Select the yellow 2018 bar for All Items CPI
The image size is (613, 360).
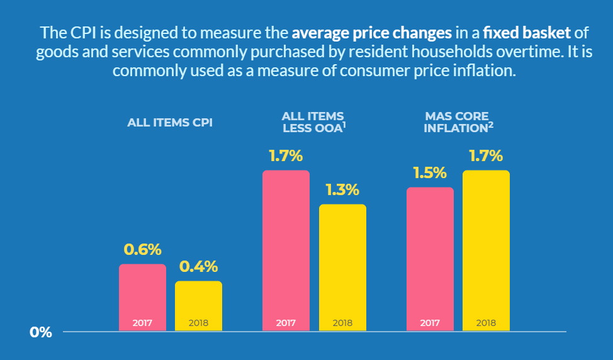198,305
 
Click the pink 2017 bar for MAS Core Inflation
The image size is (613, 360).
430,258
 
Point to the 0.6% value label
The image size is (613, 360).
142,249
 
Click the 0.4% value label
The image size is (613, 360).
198,266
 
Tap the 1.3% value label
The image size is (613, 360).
342,189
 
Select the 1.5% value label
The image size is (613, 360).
430,172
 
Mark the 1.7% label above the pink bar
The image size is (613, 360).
286,155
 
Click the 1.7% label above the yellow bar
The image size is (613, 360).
486,155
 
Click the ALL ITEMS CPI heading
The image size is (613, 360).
170,123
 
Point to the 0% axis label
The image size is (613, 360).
41,332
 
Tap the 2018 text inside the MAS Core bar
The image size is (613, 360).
486,323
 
